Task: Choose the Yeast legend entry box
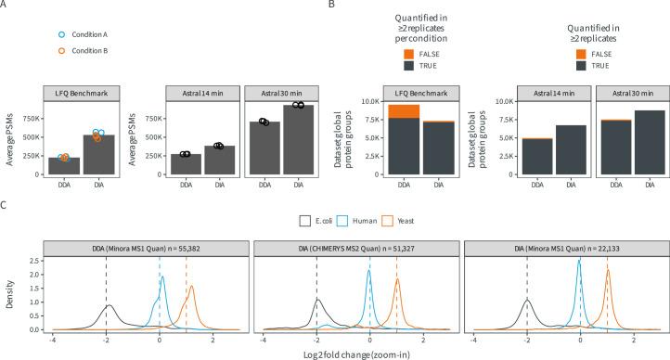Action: point(389,223)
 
